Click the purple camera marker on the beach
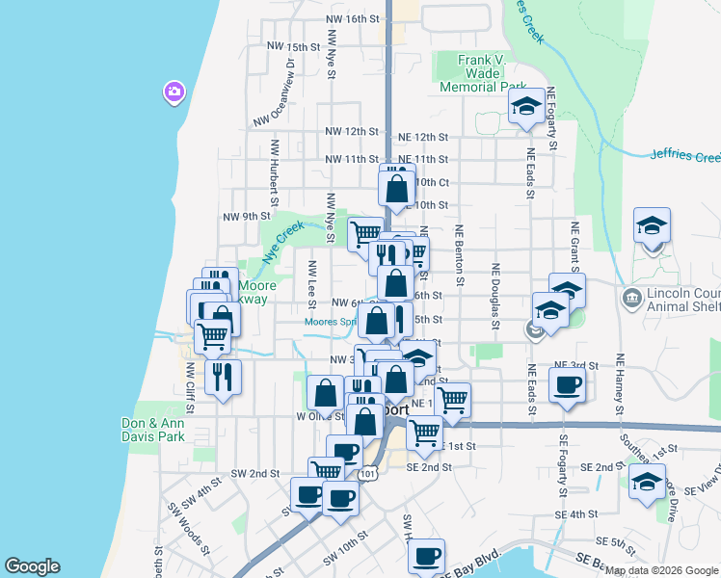point(174,92)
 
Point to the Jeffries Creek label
point(684,155)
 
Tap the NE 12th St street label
point(421,131)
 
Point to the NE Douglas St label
point(496,296)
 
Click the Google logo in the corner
point(32,566)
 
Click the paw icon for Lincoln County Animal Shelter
point(631,296)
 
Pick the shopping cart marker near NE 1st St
point(452,400)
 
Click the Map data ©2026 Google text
point(661,570)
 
